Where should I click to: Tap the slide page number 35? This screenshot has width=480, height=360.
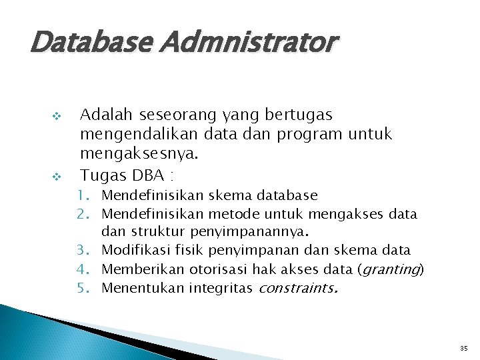(463, 348)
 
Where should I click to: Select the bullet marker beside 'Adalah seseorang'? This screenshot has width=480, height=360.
(57, 116)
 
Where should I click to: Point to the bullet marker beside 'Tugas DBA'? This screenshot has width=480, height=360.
(57, 177)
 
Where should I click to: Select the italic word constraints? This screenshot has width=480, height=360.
(297, 288)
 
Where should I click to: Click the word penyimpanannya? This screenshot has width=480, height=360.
(249, 233)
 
